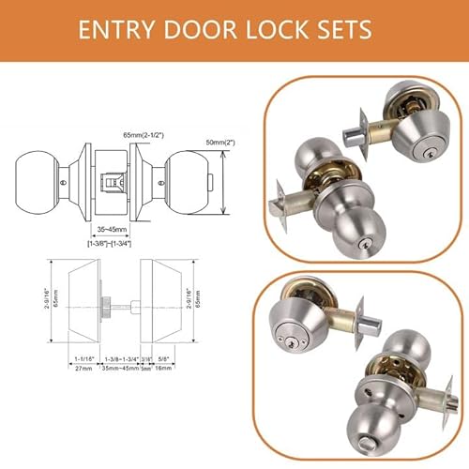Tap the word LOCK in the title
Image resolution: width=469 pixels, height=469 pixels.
click(277, 30)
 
